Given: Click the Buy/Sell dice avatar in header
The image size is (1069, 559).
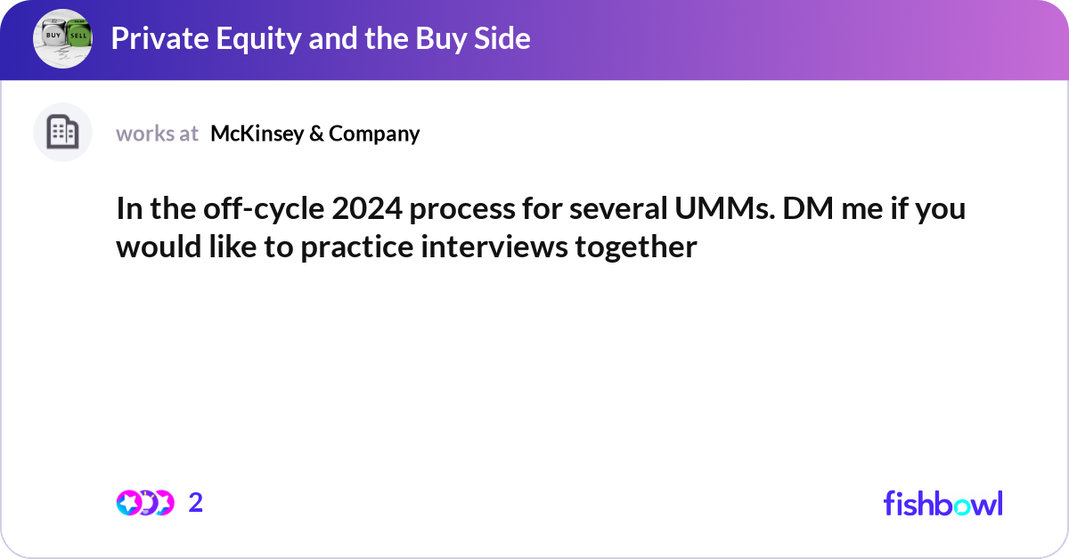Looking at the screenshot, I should [62, 38].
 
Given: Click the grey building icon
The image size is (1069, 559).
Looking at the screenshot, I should [62, 133].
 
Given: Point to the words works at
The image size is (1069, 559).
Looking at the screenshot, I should [157, 134].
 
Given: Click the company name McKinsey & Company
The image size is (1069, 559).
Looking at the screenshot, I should [314, 134].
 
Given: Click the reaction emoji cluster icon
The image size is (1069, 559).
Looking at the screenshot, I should [144, 503].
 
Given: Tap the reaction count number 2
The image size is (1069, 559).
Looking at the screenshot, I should [196, 503].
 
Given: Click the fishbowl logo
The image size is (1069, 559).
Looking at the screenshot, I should [943, 503].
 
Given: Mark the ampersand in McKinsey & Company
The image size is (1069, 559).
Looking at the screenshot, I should [318, 134].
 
